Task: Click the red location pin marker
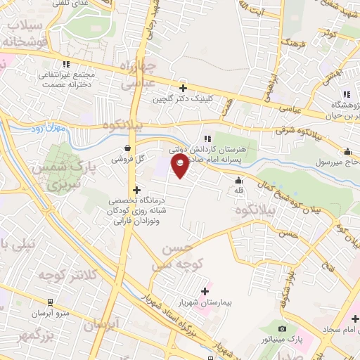(181, 165)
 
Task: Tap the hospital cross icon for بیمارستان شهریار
(205, 291)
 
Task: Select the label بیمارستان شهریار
(205, 302)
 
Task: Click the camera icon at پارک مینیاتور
(283, 329)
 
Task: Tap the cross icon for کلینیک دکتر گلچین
(183, 88)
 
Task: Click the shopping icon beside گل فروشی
(127, 148)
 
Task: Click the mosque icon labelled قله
(238, 179)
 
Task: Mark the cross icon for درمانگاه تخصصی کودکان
(136, 191)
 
